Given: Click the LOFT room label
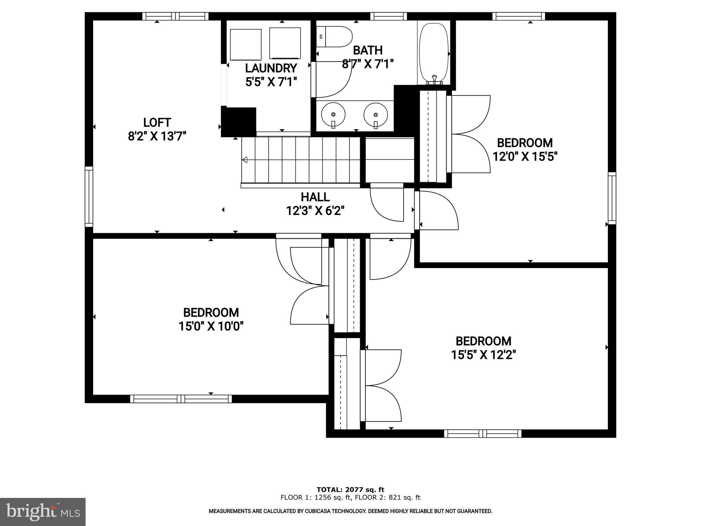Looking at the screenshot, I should [x=157, y=123].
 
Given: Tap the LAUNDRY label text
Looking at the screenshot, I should [x=271, y=68].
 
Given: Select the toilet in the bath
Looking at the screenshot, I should [x=335, y=37].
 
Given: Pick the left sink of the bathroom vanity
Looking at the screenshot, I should [x=333, y=114].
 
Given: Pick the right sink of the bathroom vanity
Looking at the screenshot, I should [x=375, y=114].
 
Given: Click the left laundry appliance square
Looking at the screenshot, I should [x=246, y=45].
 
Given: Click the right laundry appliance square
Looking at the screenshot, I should [x=285, y=43].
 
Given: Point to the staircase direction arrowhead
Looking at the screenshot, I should [x=245, y=160].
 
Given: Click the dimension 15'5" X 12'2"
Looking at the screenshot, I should [x=483, y=355].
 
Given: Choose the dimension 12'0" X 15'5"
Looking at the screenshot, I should [x=525, y=157].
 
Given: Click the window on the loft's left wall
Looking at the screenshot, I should [x=89, y=197].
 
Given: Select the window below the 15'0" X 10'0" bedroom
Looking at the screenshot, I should [x=181, y=399].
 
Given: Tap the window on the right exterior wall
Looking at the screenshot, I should [x=612, y=198].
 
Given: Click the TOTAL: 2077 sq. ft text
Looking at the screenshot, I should [x=350, y=490].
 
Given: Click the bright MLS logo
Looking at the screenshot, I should [x=43, y=512].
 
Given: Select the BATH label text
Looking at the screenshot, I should [x=368, y=50].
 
